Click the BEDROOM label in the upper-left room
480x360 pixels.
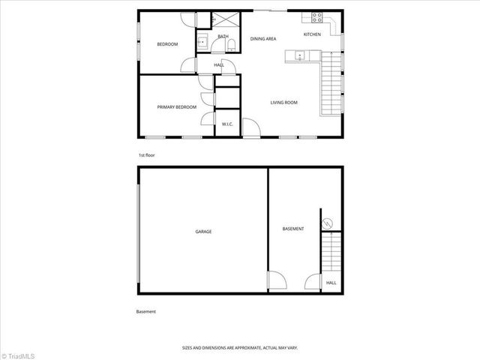tap(167, 44)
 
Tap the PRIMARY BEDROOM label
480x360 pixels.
tap(176, 107)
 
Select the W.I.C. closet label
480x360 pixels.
tap(226, 124)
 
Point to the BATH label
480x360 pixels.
tap(223, 36)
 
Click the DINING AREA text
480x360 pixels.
tap(263, 38)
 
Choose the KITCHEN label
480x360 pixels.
tap(312, 34)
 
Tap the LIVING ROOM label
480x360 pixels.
tap(284, 102)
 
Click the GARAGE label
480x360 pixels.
tap(203, 232)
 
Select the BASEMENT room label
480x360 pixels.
tap(292, 228)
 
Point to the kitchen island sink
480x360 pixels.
tap(299, 55)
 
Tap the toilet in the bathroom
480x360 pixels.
tap(229, 47)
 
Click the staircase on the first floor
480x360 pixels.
tap(330, 86)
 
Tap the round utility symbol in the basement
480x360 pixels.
tap(326, 223)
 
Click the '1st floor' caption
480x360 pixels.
tap(146, 155)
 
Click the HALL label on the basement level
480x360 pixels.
tap(331, 283)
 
